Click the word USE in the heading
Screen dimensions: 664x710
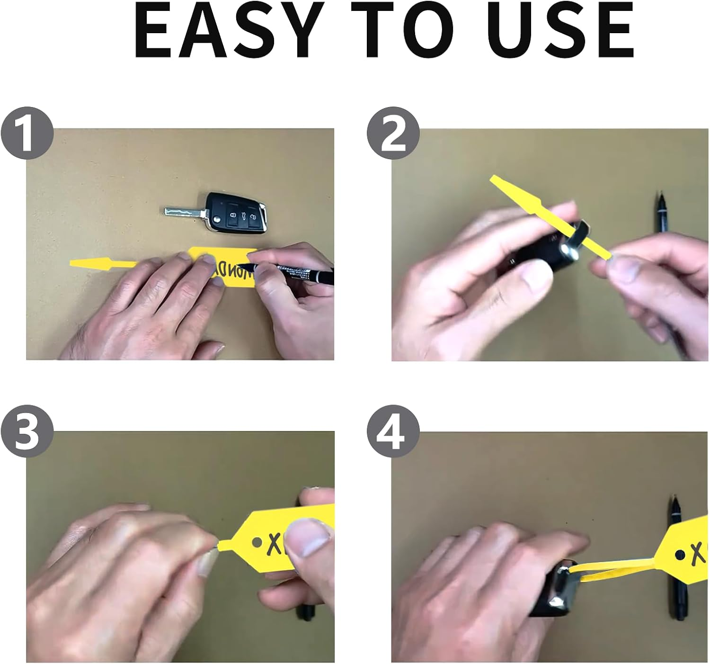point(560,31)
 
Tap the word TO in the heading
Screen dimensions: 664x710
point(410,31)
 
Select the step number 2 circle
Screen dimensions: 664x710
point(393,133)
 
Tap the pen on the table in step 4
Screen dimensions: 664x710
point(676,568)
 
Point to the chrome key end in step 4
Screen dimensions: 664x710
point(561,587)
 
